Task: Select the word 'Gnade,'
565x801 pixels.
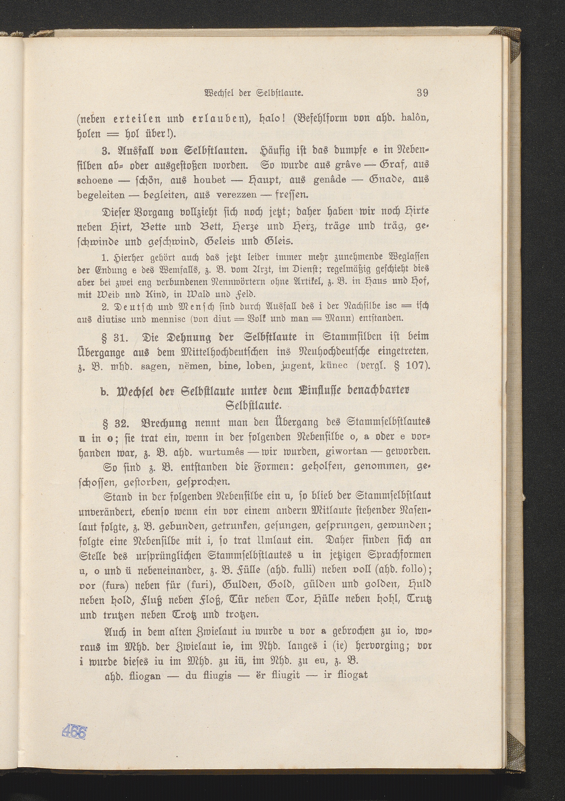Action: pos(386,180)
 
